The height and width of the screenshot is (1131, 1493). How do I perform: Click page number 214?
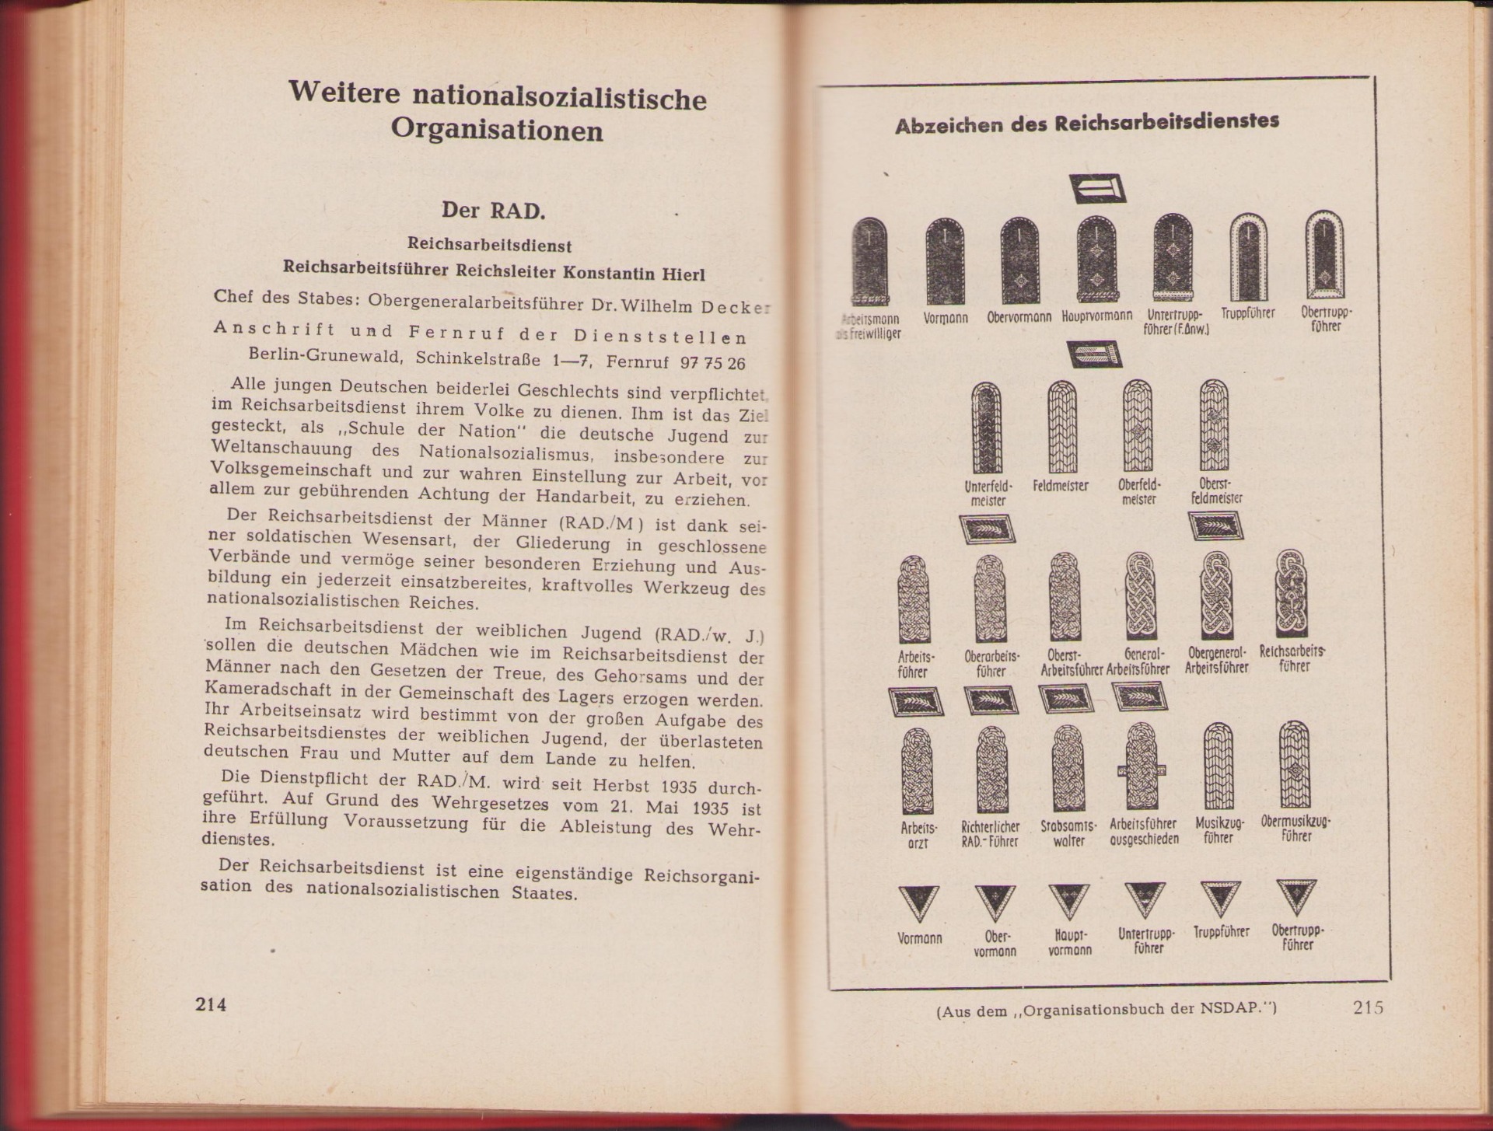pos(211,1004)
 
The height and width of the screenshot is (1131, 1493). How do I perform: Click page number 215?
pos(1368,1007)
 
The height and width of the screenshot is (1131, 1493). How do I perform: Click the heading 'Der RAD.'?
pos(494,210)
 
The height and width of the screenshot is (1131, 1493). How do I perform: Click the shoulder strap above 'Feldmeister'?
pos(1062,427)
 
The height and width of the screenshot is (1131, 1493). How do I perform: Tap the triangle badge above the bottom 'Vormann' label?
pos(918,903)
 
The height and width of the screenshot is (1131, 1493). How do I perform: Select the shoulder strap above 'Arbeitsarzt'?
pos(917,770)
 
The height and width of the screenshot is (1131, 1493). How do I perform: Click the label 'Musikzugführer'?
pos(1219,829)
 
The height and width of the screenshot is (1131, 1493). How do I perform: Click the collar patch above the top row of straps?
pos(1097,189)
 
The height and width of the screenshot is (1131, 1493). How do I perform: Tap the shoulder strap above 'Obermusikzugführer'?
pos(1295,764)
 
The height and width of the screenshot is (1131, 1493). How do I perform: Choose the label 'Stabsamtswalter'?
pos(1068,833)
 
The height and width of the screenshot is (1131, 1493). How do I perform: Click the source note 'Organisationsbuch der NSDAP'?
pos(1107,1011)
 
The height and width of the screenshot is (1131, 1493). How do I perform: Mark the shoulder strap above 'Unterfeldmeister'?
pos(987,428)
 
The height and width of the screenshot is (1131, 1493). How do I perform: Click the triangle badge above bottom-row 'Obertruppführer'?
pos(1296,897)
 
